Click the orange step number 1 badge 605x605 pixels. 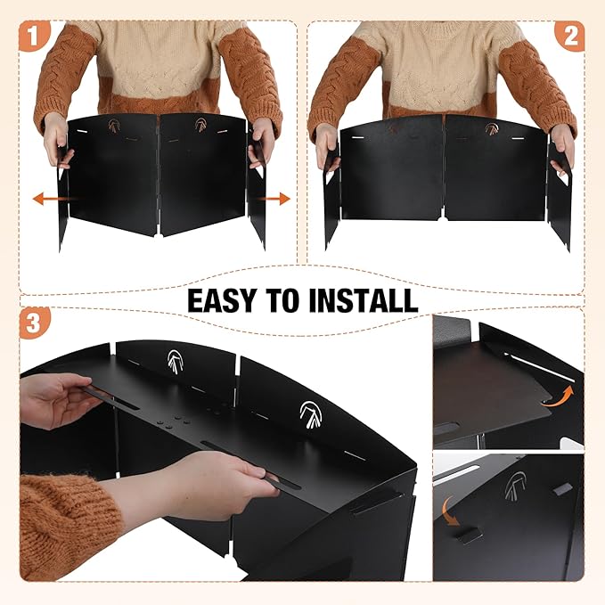click(x=35, y=37)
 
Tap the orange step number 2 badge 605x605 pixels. click(x=570, y=37)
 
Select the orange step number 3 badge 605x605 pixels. click(x=35, y=323)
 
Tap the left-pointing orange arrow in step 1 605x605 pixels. click(x=52, y=199)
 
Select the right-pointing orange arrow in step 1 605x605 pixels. click(x=274, y=199)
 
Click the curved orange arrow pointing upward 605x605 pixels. click(x=558, y=397)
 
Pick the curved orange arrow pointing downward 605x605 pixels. click(x=450, y=511)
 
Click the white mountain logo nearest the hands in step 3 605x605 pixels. click(x=311, y=415)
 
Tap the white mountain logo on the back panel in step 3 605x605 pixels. click(x=176, y=362)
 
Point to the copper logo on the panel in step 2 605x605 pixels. click(x=492, y=128)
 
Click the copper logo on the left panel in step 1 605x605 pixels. click(x=114, y=126)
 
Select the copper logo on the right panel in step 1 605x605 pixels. click(x=200, y=125)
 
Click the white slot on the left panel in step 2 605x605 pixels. click(x=357, y=137)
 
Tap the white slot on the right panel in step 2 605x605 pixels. click(x=518, y=138)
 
